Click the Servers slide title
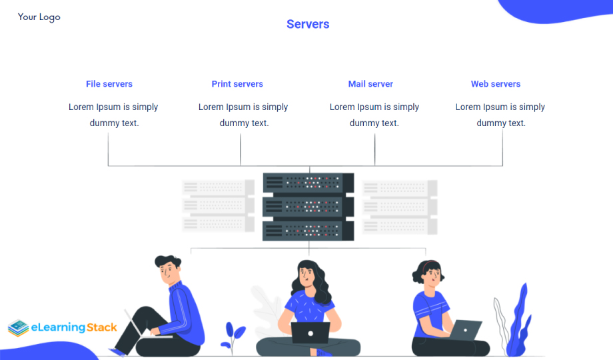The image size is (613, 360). click(x=308, y=25)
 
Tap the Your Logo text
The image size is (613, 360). click(x=39, y=17)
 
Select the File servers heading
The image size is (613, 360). click(x=109, y=84)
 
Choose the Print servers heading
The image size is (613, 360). click(x=237, y=84)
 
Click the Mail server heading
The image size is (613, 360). click(x=370, y=84)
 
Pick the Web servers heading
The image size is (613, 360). click(x=496, y=84)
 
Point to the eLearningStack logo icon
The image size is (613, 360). click(x=19, y=328)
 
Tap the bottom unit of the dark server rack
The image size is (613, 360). click(x=308, y=231)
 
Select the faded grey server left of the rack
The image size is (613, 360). click(x=219, y=206)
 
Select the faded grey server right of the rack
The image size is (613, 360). click(x=399, y=206)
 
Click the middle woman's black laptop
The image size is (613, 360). click(x=310, y=332)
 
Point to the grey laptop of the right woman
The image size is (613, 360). click(x=466, y=329)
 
